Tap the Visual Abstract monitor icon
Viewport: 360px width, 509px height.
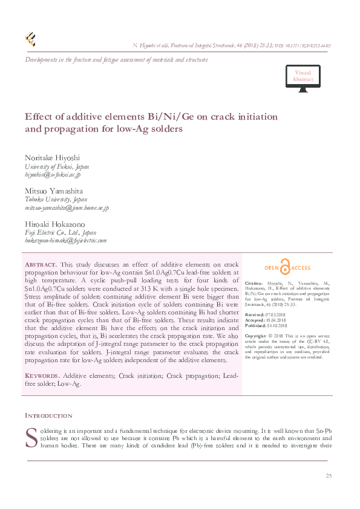point(303,80)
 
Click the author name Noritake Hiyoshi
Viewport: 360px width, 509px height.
point(52,157)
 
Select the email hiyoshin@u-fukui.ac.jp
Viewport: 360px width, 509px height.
point(52,174)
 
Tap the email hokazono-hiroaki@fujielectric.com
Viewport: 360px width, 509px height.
point(65,240)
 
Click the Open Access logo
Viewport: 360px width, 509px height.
point(287,268)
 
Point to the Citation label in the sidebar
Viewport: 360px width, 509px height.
point(254,283)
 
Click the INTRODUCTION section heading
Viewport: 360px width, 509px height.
point(48,416)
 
